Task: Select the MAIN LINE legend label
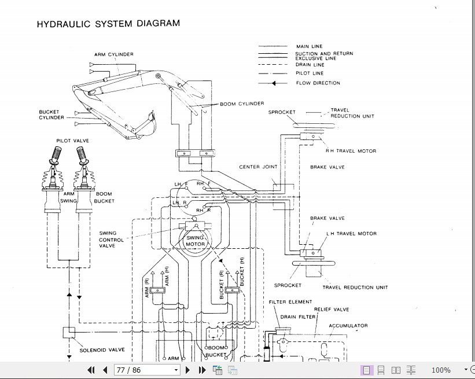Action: pyautogui.click(x=309, y=46)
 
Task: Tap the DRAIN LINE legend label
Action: pyautogui.click(x=310, y=65)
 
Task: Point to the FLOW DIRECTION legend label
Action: pyautogui.click(x=318, y=83)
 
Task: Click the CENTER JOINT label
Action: pyautogui.click(x=258, y=167)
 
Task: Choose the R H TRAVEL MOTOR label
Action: pyautogui.click(x=351, y=151)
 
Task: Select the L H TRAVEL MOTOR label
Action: pyautogui.click(x=351, y=234)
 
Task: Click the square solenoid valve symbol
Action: pyautogui.click(x=68, y=333)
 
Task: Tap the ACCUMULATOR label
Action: pyautogui.click(x=348, y=326)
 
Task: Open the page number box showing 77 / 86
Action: pyautogui.click(x=148, y=370)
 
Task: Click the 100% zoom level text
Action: pyautogui.click(x=440, y=370)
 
